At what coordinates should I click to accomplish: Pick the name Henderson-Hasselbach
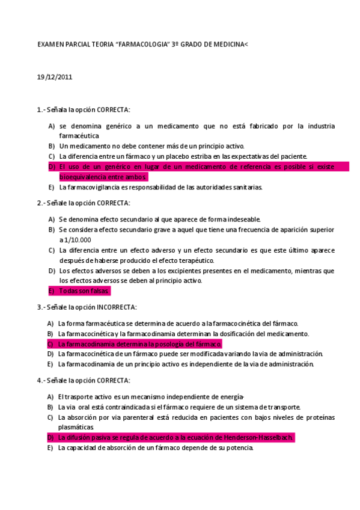click(x=260, y=437)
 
